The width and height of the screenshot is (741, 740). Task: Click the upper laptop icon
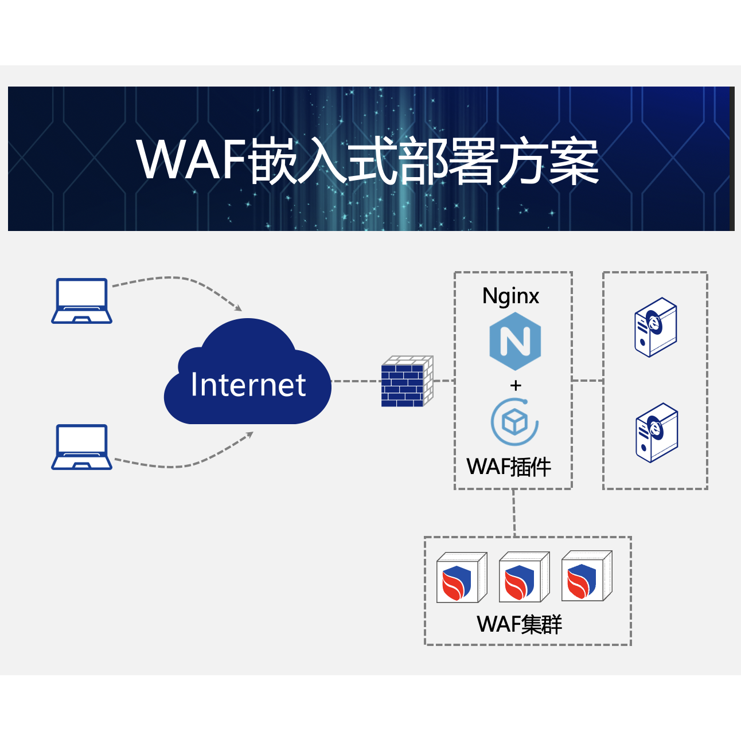pos(81,301)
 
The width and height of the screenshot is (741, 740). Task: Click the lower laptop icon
pos(81,447)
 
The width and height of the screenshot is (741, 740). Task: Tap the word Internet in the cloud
pos(248,385)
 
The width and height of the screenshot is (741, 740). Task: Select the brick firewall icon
pos(407,382)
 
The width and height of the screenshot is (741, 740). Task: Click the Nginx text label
pos(510,296)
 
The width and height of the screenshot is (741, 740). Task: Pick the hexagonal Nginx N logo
pos(515,341)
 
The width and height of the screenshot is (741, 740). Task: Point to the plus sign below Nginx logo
pos(516,385)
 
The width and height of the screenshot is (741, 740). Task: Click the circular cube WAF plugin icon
pos(514,422)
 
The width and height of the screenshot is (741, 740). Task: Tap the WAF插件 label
pos(509,467)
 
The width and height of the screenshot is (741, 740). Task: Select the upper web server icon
pos(656,327)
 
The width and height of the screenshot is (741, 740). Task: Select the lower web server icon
pos(657,433)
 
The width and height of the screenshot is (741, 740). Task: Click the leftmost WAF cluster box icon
pos(462,577)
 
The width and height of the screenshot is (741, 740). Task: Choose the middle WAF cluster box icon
pos(524,577)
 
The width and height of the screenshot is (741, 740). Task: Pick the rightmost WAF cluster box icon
pos(587,576)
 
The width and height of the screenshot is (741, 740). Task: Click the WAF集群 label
pos(520,624)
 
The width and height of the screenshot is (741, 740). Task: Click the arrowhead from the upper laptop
pos(237,308)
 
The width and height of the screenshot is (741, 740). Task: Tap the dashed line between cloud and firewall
pos(356,381)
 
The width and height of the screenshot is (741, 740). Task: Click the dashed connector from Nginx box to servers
pos(587,380)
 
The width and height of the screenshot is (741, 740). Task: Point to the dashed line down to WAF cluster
pos(514,513)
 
